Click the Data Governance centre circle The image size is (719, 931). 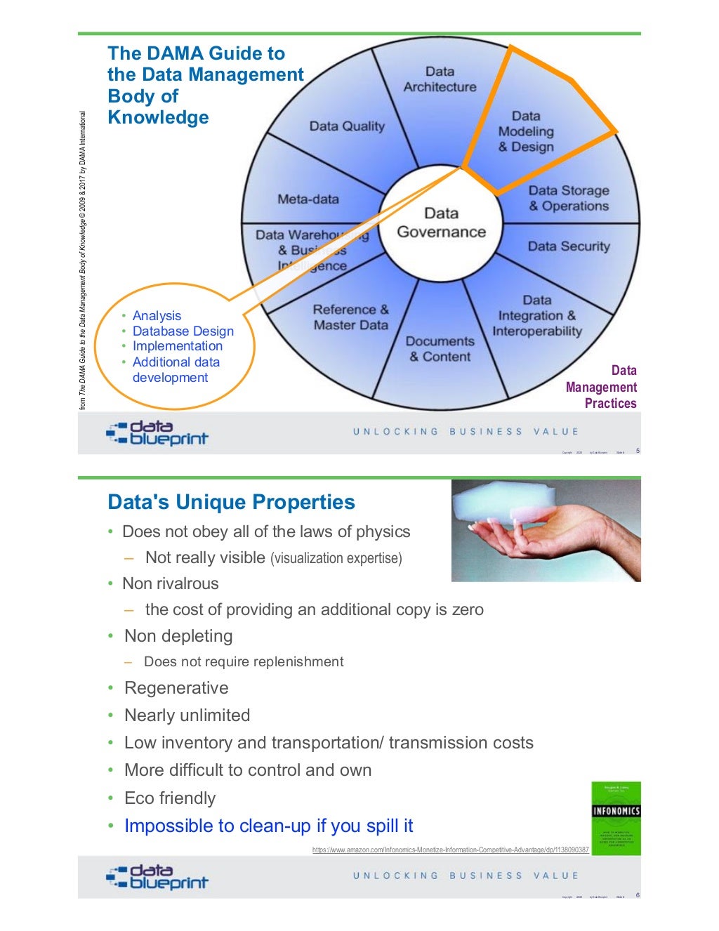(441, 223)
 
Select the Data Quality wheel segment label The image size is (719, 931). (347, 126)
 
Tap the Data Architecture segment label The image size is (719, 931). (440, 79)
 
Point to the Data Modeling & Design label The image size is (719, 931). (526, 131)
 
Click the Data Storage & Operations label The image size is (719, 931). (569, 198)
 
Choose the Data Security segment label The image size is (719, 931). (569, 246)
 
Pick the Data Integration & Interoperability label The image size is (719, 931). (537, 316)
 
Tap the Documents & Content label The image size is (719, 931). (440, 349)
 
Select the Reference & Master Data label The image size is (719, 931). (350, 317)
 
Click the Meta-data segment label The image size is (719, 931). (308, 199)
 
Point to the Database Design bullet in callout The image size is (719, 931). (183, 331)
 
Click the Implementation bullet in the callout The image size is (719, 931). (177, 346)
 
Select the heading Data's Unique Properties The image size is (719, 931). (231, 503)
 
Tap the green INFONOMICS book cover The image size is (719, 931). (616, 818)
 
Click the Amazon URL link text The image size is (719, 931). (450, 850)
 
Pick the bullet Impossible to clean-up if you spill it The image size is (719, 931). (268, 826)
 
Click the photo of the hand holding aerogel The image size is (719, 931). (546, 531)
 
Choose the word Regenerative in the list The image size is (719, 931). (176, 688)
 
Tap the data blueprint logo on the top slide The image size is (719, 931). (157, 433)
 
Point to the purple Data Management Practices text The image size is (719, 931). (602, 387)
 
